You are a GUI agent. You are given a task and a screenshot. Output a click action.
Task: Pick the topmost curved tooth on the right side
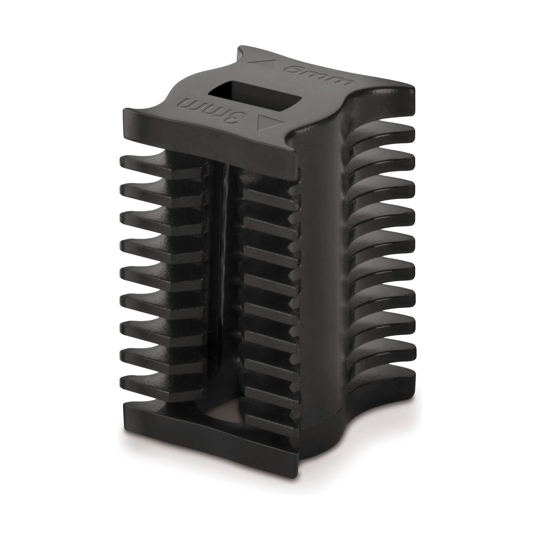382,133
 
